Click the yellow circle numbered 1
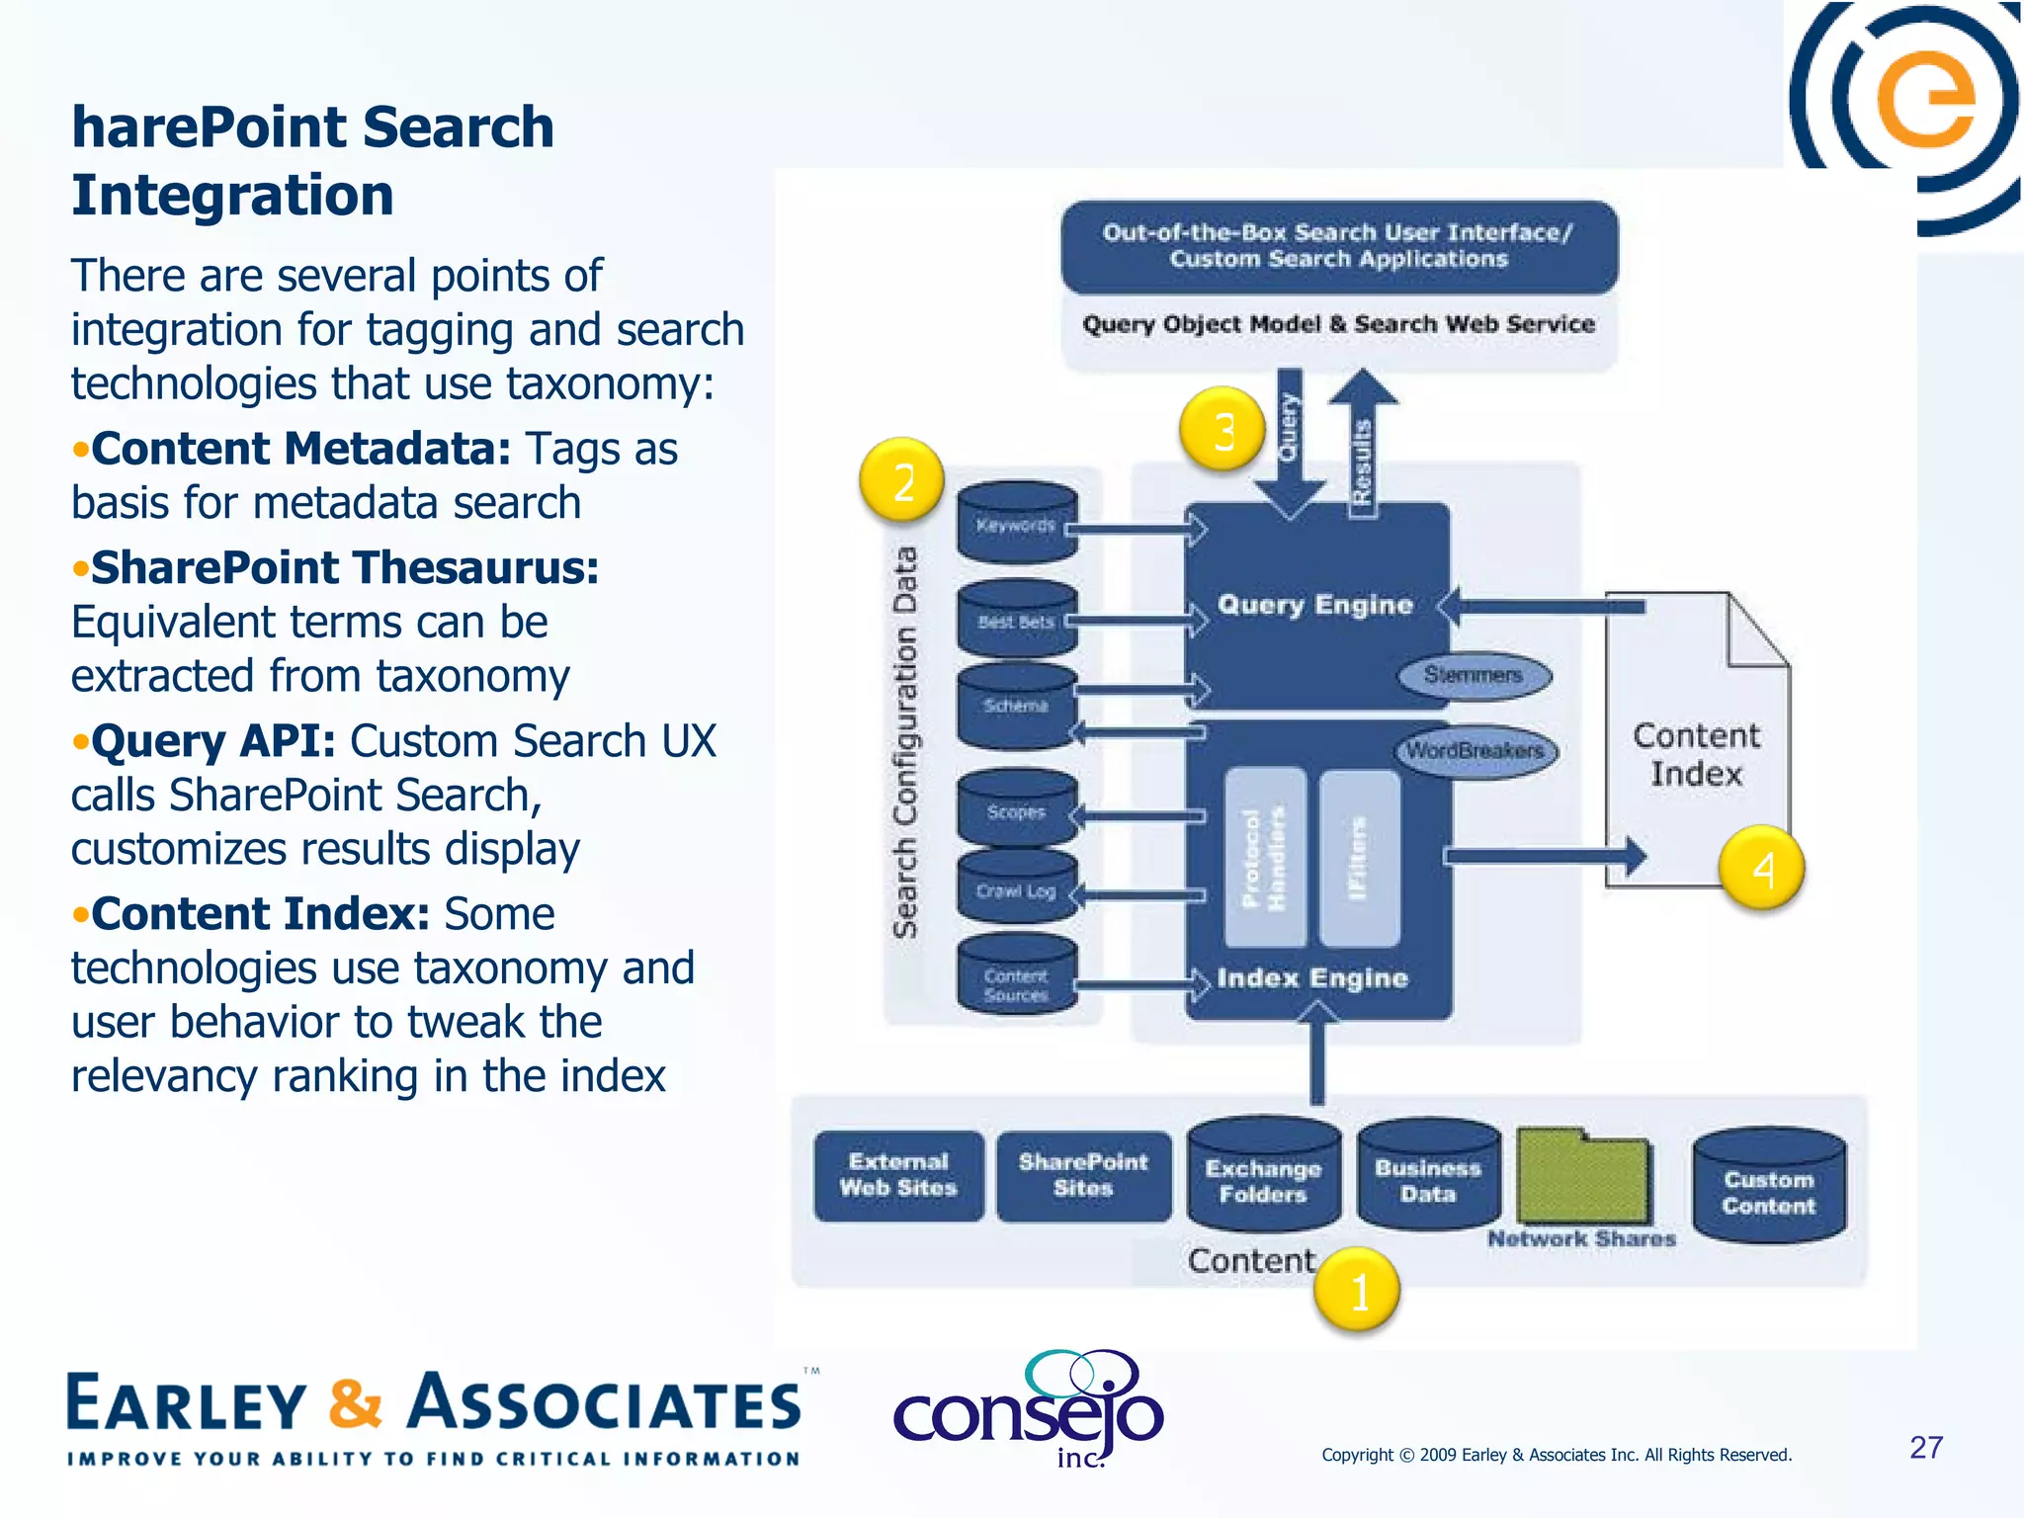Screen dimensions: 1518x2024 tap(1357, 1290)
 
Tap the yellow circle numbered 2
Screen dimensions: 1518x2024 tap(901, 481)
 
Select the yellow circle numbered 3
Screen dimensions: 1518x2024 tap(1223, 430)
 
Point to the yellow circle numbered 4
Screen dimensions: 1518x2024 tap(1762, 869)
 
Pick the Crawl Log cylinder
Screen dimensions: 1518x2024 tap(1016, 889)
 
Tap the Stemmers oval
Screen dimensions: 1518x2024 tap(1474, 676)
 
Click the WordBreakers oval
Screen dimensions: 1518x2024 tap(1476, 751)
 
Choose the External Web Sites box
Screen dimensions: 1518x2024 tap(898, 1176)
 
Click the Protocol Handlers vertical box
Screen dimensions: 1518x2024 tap(1264, 858)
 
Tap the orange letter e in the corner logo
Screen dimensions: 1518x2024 tap(1925, 99)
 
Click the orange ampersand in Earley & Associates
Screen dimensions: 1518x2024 tap(355, 1403)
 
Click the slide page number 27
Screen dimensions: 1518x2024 tap(1925, 1448)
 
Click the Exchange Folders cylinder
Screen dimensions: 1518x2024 tap(1263, 1178)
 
